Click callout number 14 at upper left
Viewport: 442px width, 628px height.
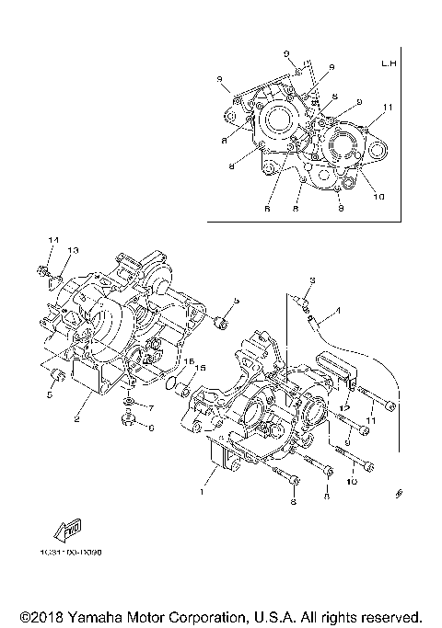pos(52,240)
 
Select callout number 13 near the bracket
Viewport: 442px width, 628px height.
pos(73,250)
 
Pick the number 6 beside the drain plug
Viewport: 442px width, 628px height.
pos(152,427)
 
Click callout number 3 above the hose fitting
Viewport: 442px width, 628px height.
pos(312,280)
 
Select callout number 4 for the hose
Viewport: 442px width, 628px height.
pos(337,311)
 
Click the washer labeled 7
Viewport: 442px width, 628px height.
pos(129,405)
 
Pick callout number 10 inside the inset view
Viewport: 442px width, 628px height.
pos(378,194)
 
